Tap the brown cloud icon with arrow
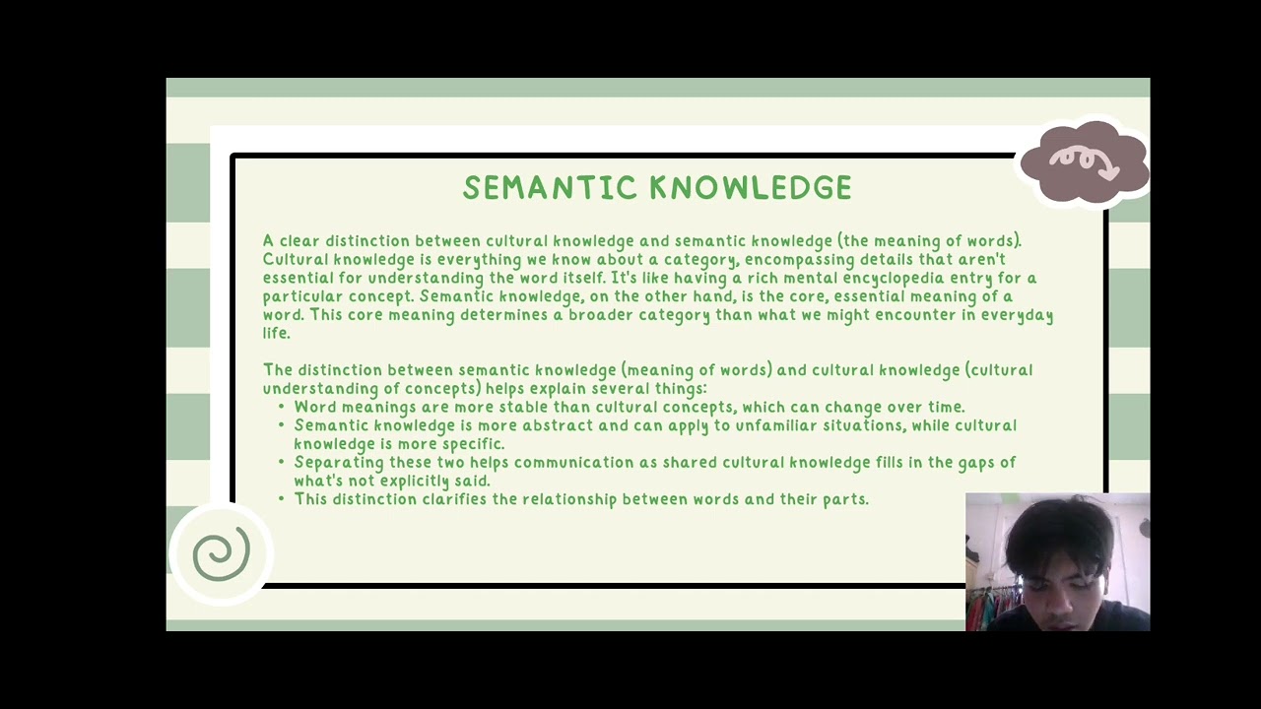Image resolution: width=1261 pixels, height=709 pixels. [1084, 163]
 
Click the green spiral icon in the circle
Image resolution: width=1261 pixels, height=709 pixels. [221, 554]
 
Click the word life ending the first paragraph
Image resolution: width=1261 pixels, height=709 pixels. [275, 334]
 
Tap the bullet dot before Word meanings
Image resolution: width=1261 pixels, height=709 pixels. [281, 407]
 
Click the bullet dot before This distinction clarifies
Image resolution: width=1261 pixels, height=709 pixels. [281, 499]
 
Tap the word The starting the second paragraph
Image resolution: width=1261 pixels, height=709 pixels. [277, 370]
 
